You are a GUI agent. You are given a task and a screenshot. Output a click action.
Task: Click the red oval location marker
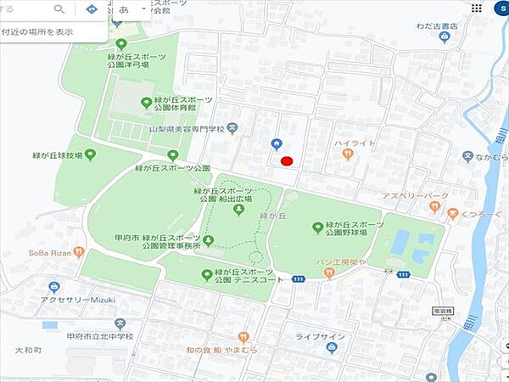[286, 160]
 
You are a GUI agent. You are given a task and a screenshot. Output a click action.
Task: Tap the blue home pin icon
[276, 143]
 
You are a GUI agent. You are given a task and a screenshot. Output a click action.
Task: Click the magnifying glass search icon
[59, 9]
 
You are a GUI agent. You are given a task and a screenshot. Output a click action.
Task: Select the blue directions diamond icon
[92, 9]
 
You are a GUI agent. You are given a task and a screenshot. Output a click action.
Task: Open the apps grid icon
[477, 8]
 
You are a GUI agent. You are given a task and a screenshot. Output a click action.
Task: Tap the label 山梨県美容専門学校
[186, 129]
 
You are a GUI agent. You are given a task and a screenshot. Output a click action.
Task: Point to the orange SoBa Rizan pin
[78, 251]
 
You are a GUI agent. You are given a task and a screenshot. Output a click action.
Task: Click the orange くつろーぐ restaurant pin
[452, 214]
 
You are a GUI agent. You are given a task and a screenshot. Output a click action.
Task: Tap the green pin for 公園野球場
[318, 227]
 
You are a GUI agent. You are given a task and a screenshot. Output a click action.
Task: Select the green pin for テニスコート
[206, 273]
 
